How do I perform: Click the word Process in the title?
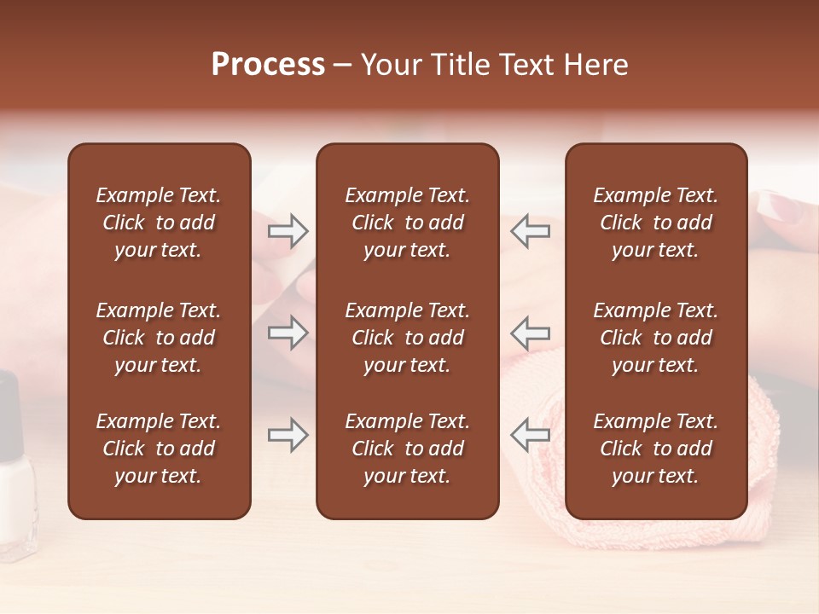(x=268, y=65)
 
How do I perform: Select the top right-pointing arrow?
(x=288, y=231)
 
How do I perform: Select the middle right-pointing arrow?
(x=288, y=332)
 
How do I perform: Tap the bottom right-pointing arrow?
(x=288, y=436)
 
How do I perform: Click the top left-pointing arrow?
(x=531, y=231)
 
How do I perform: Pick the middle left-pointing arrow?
(x=531, y=332)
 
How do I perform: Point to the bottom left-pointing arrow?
(x=531, y=436)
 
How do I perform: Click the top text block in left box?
(x=159, y=223)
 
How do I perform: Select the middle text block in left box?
(x=159, y=338)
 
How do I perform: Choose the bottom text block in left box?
(x=159, y=449)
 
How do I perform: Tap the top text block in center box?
(x=407, y=223)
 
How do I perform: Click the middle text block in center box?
(x=407, y=338)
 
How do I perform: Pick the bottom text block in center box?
(x=407, y=449)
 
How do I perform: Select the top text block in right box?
(x=655, y=223)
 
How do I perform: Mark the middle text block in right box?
(x=655, y=338)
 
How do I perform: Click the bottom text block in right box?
(x=655, y=449)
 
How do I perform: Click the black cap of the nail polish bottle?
(x=9, y=409)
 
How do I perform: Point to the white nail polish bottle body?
(x=15, y=495)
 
